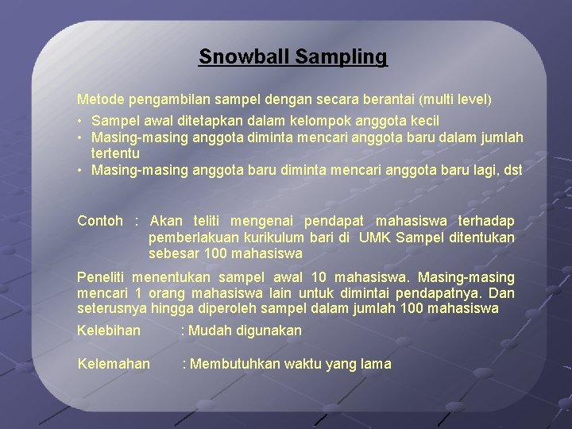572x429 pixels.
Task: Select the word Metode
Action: click(x=98, y=100)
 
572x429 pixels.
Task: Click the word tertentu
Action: click(x=115, y=153)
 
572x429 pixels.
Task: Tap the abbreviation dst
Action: click(x=512, y=169)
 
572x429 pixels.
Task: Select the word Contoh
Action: click(x=100, y=221)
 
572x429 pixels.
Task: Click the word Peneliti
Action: click(x=101, y=277)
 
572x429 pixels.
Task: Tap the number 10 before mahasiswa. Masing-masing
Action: click(x=318, y=277)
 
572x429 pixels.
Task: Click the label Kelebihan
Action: click(x=109, y=330)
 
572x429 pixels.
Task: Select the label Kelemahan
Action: click(x=114, y=364)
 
